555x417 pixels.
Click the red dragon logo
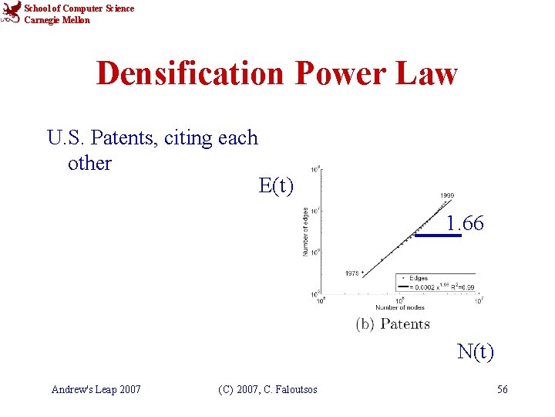tap(12, 13)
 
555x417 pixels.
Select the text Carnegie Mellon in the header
tap(57, 20)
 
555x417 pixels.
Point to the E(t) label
tap(276, 185)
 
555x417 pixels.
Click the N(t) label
tap(476, 352)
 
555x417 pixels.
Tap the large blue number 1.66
tap(465, 224)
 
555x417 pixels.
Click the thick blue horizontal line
tap(438, 236)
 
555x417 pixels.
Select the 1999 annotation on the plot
tap(447, 196)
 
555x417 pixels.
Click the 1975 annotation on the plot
tap(354, 273)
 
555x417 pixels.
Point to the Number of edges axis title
tap(306, 231)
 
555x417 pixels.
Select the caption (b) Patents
tap(393, 324)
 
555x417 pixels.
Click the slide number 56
tap(503, 389)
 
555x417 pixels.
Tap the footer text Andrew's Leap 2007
tap(96, 389)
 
